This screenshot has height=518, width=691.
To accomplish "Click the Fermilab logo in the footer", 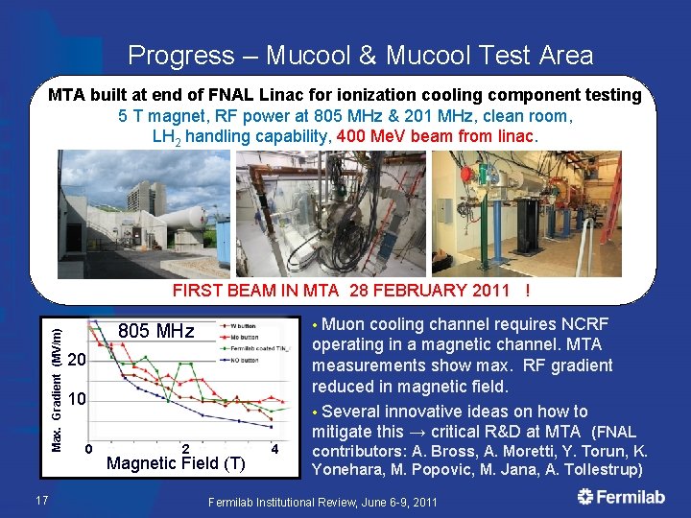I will (622, 497).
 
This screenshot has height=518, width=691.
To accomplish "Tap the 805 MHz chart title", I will (155, 332).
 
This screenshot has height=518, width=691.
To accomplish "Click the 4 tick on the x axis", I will (275, 448).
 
